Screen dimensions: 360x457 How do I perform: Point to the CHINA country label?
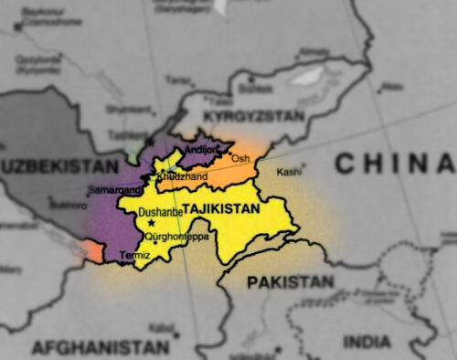(x=393, y=164)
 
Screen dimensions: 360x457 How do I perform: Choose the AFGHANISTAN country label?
(x=101, y=346)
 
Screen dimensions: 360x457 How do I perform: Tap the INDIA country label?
(x=367, y=341)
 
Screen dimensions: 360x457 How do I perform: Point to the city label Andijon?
(x=202, y=149)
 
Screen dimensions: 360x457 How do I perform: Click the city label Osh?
(x=240, y=159)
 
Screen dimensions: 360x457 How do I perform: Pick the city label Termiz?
(x=134, y=256)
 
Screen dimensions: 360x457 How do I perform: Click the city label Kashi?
(x=288, y=172)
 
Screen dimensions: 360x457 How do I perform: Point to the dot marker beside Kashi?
(x=304, y=166)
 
